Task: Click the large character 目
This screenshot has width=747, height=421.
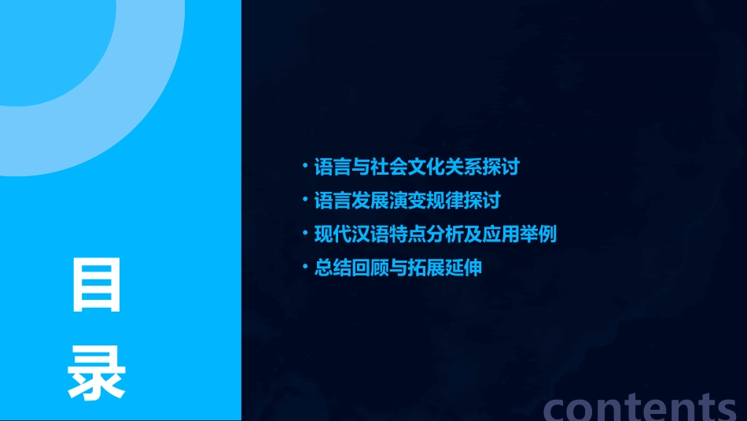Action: click(x=97, y=286)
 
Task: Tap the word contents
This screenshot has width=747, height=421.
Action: click(x=640, y=406)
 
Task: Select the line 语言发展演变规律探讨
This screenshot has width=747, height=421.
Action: click(x=407, y=201)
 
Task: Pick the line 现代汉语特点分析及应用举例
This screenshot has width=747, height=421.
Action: click(x=435, y=234)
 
